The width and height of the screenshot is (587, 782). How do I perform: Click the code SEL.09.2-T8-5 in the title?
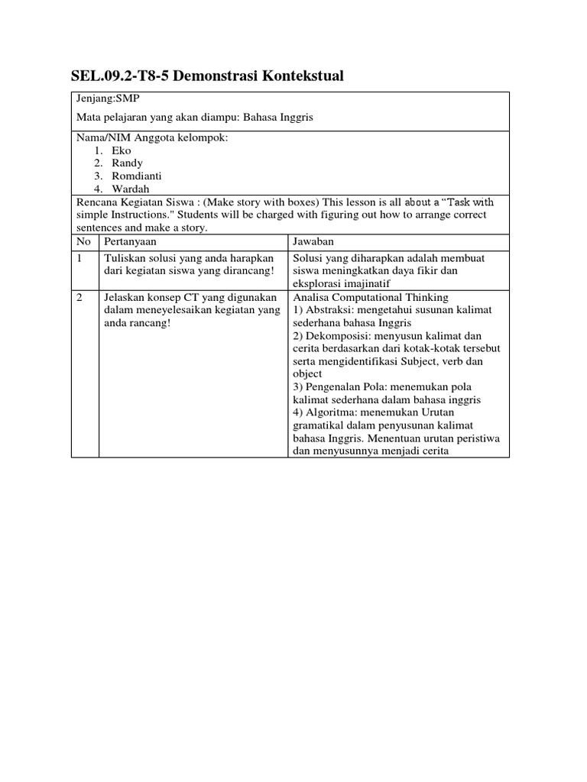tap(123, 76)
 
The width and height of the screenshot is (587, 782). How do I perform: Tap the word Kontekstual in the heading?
tap(299, 76)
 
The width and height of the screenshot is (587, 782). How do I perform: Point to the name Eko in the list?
tap(121, 150)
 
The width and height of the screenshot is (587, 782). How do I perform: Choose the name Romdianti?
tap(136, 176)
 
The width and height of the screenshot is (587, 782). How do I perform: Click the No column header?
tap(83, 241)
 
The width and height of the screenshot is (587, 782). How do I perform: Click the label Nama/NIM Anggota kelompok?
tap(151, 137)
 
